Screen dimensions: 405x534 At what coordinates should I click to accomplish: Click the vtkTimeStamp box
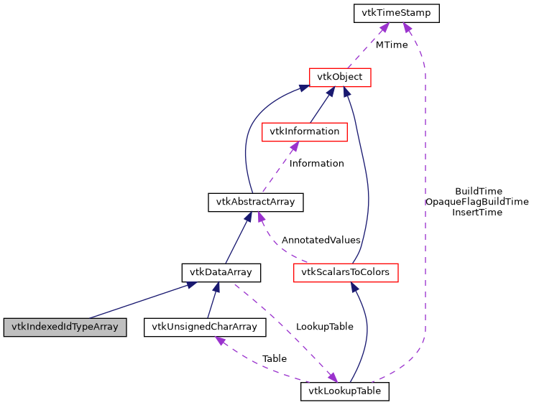coord(396,13)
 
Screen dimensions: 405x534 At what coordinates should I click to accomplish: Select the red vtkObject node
coord(339,77)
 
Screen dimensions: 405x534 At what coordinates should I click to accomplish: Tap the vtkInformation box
coord(305,131)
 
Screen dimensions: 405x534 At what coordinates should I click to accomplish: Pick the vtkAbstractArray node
coord(255,202)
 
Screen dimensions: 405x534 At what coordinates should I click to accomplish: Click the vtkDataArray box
coord(221,272)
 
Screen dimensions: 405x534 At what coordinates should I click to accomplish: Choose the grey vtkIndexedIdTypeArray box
coord(65,327)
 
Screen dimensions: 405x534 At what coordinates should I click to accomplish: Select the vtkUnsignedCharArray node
coord(205,327)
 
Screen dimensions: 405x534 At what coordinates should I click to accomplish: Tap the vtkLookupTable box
coord(345,391)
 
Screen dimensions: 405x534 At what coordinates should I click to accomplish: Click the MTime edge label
coord(391,45)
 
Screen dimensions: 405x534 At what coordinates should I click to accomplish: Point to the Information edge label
coord(316,163)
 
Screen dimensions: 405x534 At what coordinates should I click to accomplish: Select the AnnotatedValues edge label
coord(321,239)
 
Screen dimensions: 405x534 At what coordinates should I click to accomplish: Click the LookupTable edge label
coord(325,326)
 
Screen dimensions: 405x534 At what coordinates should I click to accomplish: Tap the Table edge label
coord(274,358)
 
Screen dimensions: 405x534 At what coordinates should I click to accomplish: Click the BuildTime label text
coord(479,191)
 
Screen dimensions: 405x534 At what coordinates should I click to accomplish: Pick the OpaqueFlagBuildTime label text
coord(477,202)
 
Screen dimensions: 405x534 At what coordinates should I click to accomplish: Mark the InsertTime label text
coord(477,212)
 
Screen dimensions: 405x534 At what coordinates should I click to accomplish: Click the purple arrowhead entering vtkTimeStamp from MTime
coord(385,27)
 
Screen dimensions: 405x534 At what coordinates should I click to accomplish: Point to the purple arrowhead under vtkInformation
coord(293,146)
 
